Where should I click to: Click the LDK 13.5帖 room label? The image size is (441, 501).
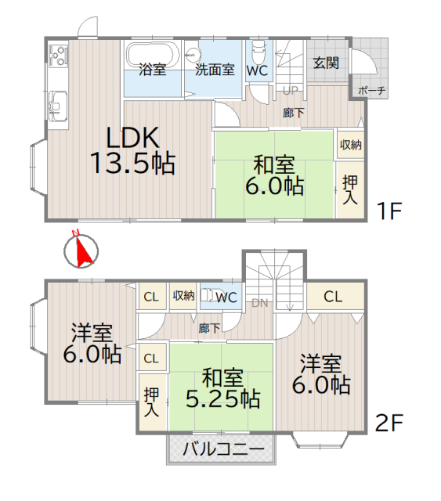pos(132,151)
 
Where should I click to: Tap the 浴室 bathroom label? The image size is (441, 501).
pos(152,70)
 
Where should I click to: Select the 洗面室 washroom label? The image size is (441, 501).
pos(215,70)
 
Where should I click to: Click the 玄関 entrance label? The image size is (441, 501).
pos(326,63)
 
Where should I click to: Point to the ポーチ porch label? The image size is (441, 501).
pos(371,91)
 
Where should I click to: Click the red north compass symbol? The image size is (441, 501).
pos(81,250)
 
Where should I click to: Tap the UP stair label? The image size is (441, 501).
pos(289,89)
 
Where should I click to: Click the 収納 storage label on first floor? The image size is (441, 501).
pos(350,145)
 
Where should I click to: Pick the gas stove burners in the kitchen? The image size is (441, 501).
pos(58,56)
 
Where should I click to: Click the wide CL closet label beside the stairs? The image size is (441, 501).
pos(333,297)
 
